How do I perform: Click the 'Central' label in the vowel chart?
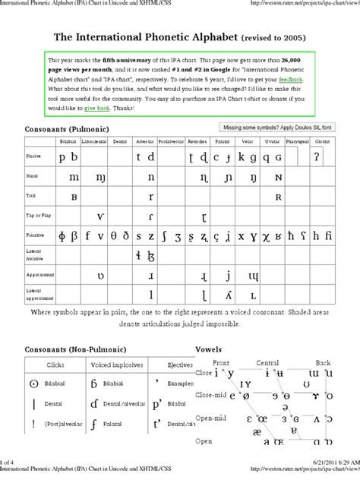point(267,362)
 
